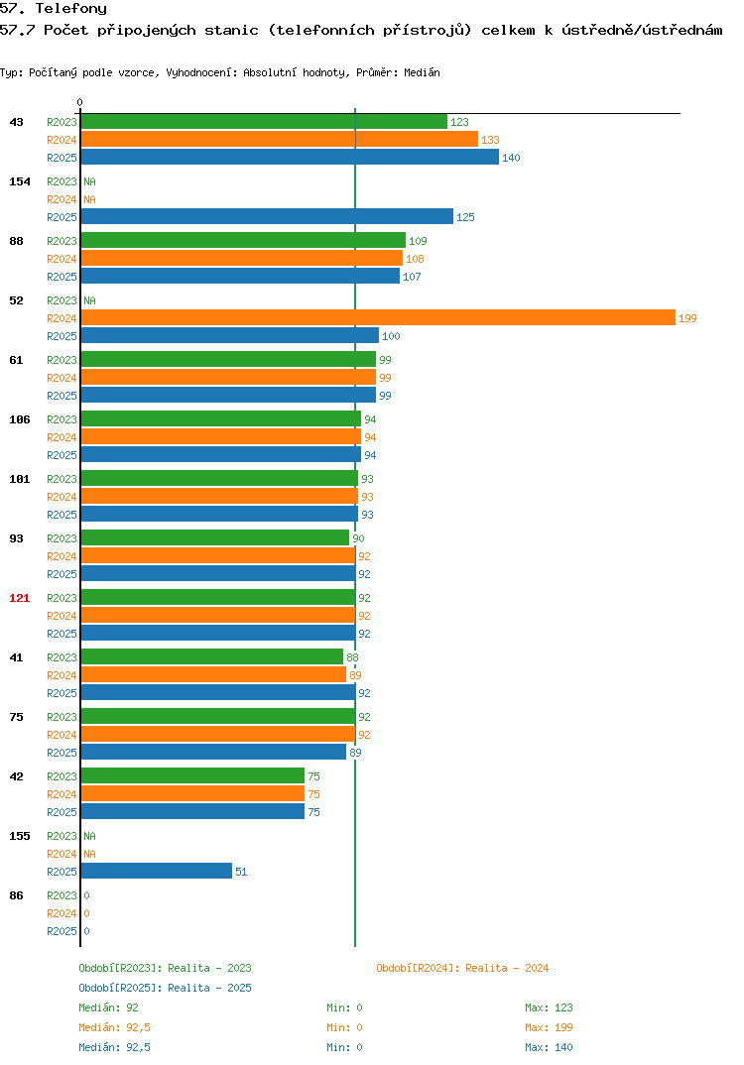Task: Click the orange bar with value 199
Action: (379, 318)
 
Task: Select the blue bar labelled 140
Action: (290, 157)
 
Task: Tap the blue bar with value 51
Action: (157, 871)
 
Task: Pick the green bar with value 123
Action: (264, 122)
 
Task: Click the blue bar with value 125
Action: (267, 216)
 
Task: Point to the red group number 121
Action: (20, 598)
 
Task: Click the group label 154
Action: (20, 181)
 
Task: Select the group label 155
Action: (20, 836)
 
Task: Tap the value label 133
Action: (491, 140)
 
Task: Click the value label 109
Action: (418, 241)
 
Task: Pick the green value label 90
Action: (358, 538)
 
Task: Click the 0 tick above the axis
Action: (80, 102)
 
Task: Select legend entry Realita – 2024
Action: (462, 968)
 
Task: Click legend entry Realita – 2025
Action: (165, 988)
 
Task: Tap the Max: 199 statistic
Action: (549, 1027)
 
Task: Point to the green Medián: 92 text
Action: (109, 1007)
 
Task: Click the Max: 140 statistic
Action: (549, 1047)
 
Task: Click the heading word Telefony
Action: (71, 9)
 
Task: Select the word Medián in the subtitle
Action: (422, 72)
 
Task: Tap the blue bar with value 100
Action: (230, 335)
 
